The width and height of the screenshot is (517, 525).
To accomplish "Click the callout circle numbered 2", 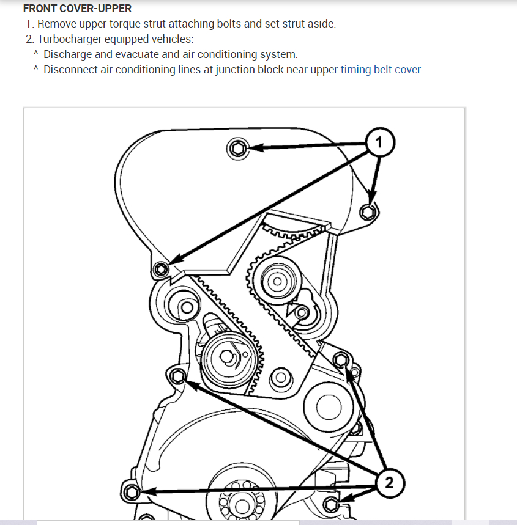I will [389, 483].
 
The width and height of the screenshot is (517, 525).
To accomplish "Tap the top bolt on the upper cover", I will [238, 147].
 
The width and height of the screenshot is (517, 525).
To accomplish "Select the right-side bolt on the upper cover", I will [367, 211].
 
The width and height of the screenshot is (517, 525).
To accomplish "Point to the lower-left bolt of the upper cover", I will [161, 269].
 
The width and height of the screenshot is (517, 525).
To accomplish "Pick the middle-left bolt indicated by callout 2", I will [177, 375].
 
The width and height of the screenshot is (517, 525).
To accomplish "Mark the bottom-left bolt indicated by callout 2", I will [130, 491].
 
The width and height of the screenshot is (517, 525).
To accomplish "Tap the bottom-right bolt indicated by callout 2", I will [331, 504].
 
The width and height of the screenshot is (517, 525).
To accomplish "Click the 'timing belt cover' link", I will [381, 70].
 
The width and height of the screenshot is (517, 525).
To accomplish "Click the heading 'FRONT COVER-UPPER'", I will [77, 9].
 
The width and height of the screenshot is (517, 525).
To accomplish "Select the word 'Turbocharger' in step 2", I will [66, 39].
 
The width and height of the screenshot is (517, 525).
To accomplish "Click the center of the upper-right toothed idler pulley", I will [277, 282].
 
